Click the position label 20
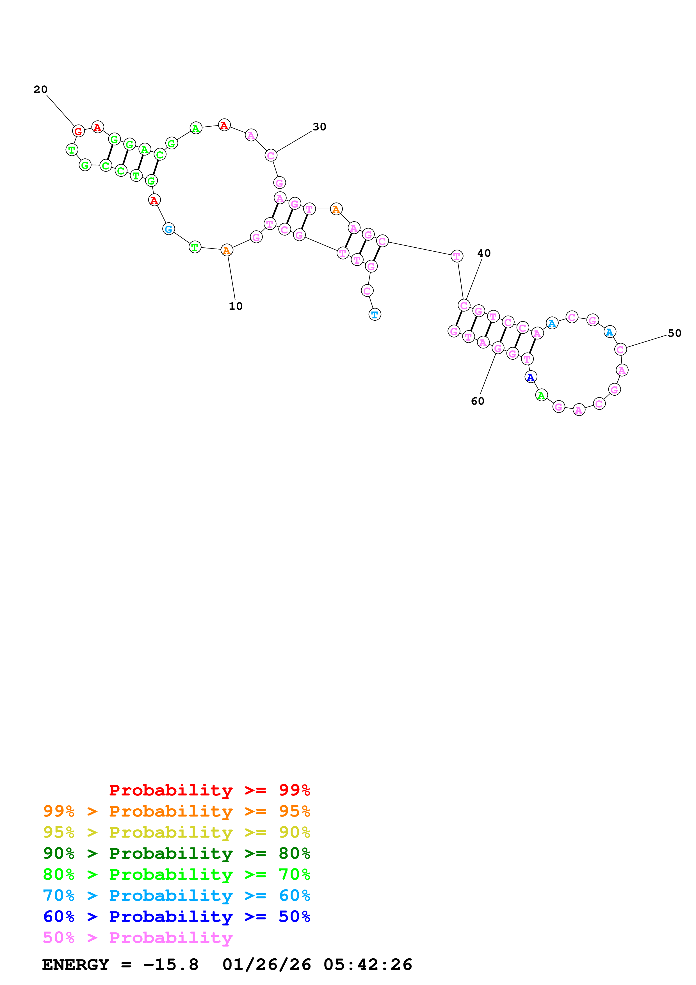pos(40,89)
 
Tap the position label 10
pos(236,306)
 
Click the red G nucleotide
pos(78,131)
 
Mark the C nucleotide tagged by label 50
pos(620,350)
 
